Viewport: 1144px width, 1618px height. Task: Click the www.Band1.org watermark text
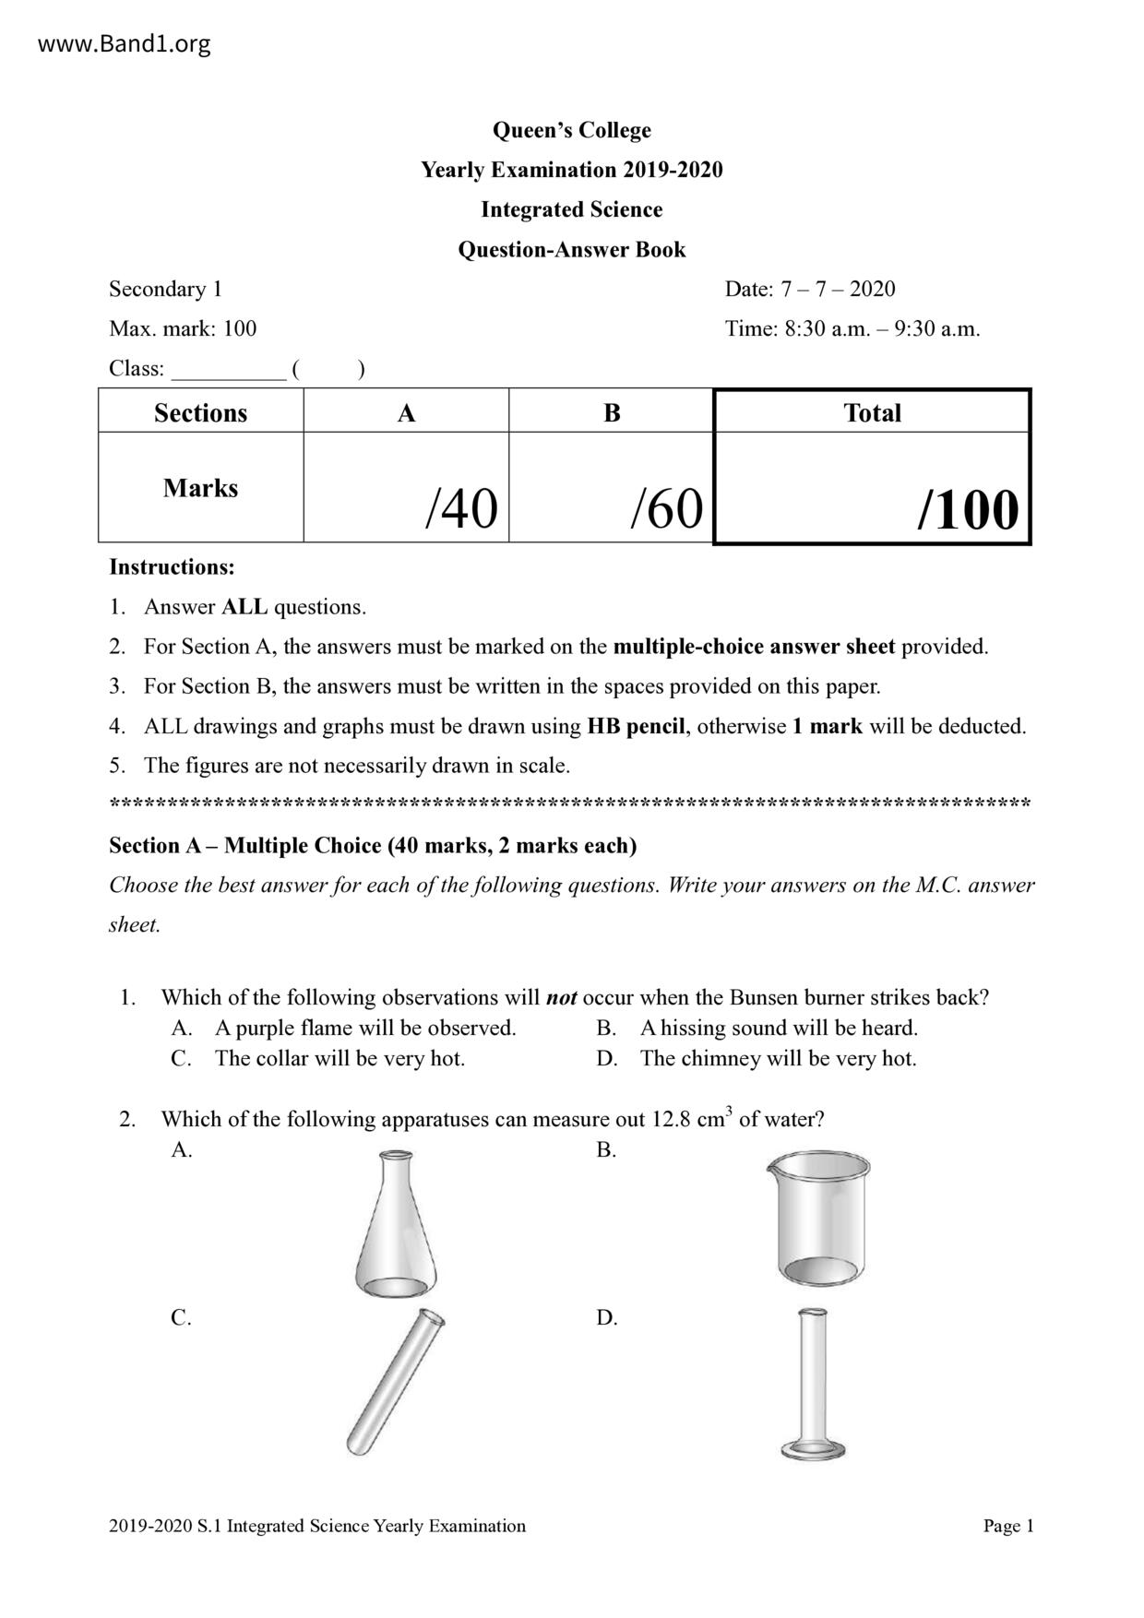click(125, 43)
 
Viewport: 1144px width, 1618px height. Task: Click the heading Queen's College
click(571, 130)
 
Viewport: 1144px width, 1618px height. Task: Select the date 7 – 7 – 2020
click(838, 289)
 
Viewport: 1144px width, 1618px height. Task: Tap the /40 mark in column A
click(460, 508)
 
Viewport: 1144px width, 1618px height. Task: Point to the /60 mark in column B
click(666, 508)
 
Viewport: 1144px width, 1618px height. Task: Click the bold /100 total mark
click(967, 510)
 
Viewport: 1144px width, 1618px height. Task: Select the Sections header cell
click(200, 412)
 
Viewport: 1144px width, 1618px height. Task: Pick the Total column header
click(872, 412)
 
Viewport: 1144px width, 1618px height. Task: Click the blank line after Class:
click(229, 369)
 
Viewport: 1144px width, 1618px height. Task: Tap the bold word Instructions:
click(172, 566)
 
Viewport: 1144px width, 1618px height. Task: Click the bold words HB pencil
click(636, 726)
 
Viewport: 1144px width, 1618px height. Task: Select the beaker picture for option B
click(817, 1219)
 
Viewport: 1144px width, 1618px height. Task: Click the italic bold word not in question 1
click(561, 997)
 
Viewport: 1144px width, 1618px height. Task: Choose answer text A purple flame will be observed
click(365, 1028)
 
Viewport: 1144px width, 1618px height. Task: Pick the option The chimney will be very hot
click(778, 1058)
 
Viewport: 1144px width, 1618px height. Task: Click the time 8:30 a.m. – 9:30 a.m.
click(882, 328)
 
